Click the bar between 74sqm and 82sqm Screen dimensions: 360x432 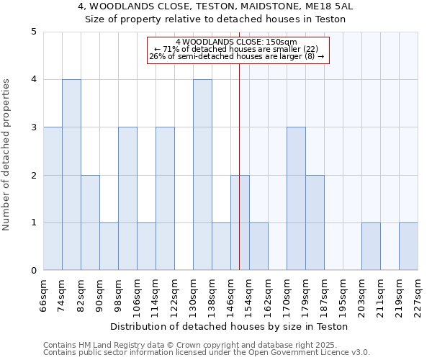pos(71,175)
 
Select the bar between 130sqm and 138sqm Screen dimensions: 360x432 pos(202,175)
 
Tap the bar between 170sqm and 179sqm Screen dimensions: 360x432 pos(296,199)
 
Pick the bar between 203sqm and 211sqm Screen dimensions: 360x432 pos(371,246)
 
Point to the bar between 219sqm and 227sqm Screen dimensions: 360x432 pos(408,246)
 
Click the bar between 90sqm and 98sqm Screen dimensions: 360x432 pos(109,246)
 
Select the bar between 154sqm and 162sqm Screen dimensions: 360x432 pos(258,246)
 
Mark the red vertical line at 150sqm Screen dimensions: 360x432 pos(239,144)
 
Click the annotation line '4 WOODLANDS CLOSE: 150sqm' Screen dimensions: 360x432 pos(238,42)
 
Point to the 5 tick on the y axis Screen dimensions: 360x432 pos(34,32)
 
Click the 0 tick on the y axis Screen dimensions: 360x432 pos(34,271)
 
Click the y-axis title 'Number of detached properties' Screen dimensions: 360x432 pos(7,155)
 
